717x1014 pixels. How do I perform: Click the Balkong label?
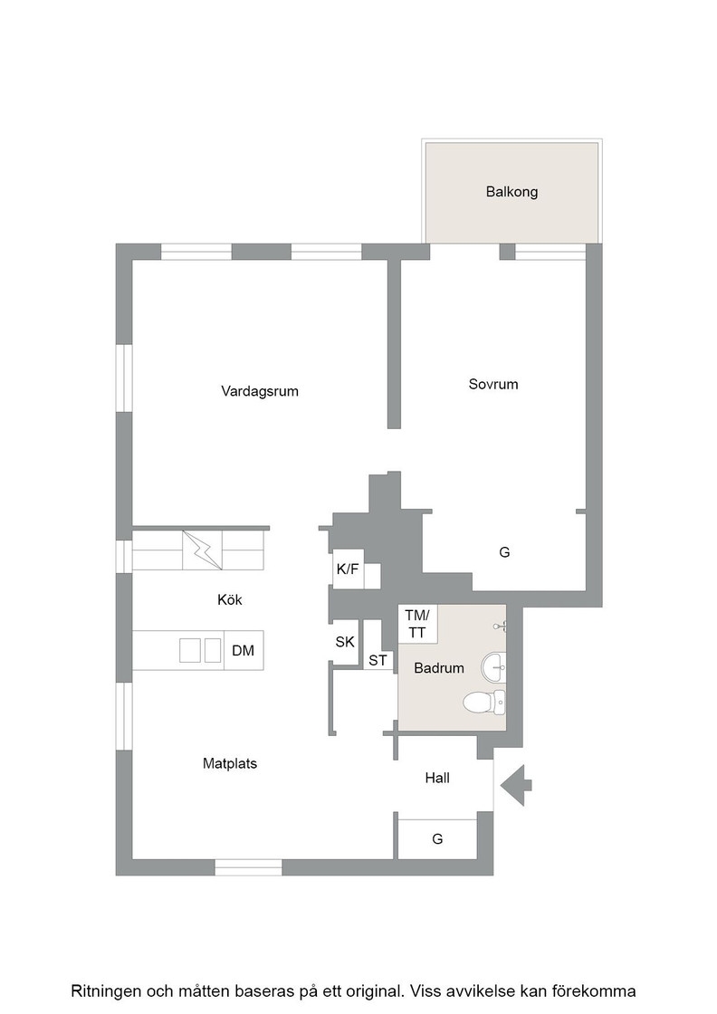pyautogui.click(x=511, y=192)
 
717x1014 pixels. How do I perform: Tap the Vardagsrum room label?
pyautogui.click(x=260, y=391)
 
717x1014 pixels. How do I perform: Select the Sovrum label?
pyautogui.click(x=493, y=384)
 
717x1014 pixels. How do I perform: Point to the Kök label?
pyautogui.click(x=230, y=600)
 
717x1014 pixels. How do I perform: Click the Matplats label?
pyautogui.click(x=230, y=764)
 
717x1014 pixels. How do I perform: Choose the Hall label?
pyautogui.click(x=437, y=778)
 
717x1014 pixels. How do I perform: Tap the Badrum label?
pyautogui.click(x=439, y=668)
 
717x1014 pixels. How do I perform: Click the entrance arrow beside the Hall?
pyautogui.click(x=516, y=785)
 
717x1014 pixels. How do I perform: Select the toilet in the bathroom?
pyautogui.click(x=484, y=703)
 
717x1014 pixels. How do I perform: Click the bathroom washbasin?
pyautogui.click(x=493, y=666)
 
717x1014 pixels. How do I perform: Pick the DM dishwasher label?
pyautogui.click(x=244, y=651)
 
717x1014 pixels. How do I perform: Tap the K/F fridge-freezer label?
pyautogui.click(x=348, y=569)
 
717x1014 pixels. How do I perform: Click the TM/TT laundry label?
pyautogui.click(x=417, y=624)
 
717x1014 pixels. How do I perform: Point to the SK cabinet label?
pyautogui.click(x=345, y=642)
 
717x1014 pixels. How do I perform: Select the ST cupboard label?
pyautogui.click(x=378, y=660)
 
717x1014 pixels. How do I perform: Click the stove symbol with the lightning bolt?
pyautogui.click(x=203, y=550)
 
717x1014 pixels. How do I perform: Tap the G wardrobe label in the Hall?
pyautogui.click(x=437, y=838)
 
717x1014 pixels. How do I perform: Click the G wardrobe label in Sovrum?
pyautogui.click(x=504, y=552)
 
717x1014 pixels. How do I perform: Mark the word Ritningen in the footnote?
pyautogui.click(x=105, y=991)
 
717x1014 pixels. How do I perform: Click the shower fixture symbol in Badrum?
pyautogui.click(x=500, y=626)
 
